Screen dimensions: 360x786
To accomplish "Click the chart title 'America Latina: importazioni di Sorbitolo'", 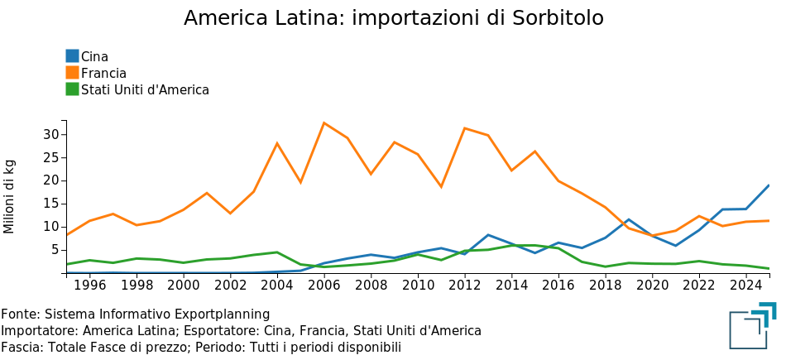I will (393, 18).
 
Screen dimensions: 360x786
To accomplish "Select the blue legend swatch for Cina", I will (73, 56).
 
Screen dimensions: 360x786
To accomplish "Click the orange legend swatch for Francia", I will (73, 73).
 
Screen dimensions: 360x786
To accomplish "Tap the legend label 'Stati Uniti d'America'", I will (145, 89).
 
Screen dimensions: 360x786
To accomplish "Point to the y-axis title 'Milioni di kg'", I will (10, 196).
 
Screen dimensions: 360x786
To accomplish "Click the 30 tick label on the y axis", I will (50, 135).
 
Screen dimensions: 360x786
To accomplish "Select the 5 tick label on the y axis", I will (55, 250).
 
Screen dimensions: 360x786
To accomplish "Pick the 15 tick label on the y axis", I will (50, 204).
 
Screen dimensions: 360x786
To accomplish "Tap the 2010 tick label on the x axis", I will (418, 286).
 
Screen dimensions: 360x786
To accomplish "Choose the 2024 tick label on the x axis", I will (746, 286).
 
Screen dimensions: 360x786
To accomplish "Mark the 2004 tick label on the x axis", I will (277, 286).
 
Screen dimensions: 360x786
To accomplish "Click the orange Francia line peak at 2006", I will (324, 123).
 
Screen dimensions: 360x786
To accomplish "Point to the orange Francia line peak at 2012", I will (465, 128).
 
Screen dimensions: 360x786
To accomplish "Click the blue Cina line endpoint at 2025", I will (769, 185).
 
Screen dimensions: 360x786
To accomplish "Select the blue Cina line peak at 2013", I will (488, 235).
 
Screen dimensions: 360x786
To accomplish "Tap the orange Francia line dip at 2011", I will (441, 187).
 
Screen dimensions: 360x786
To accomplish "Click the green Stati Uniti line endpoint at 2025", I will (769, 268).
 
